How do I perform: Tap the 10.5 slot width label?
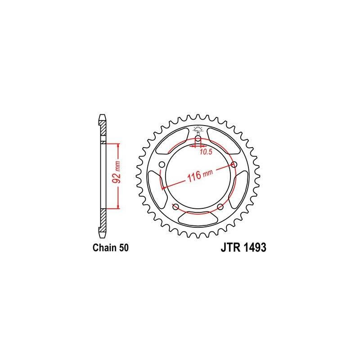[x=206, y=152]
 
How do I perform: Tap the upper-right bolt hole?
[x=234, y=165]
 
